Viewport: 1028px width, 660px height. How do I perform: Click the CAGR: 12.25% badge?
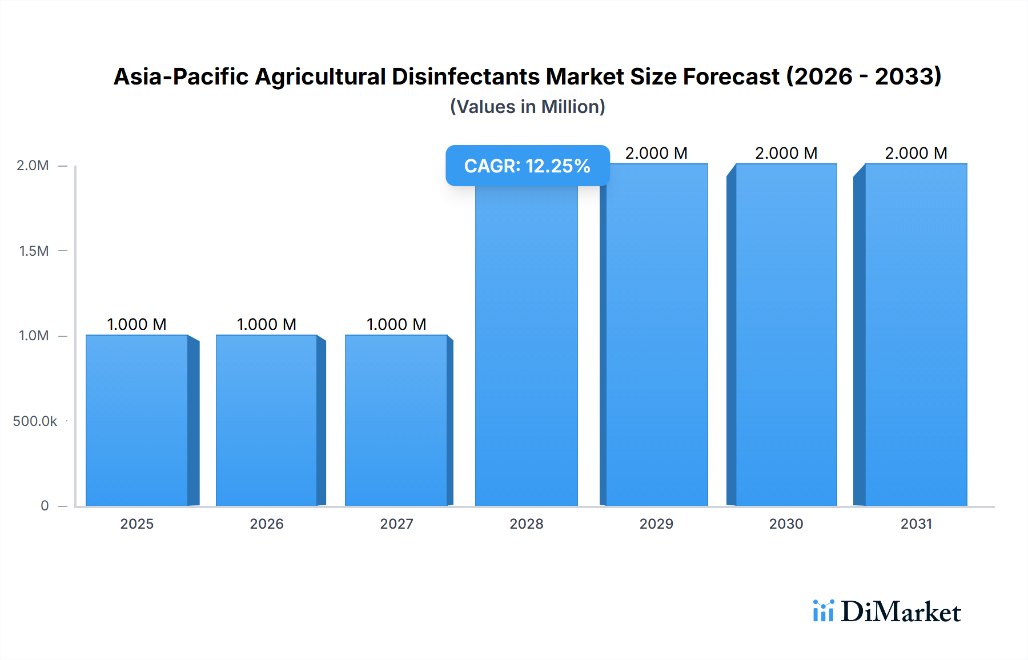pyautogui.click(x=527, y=166)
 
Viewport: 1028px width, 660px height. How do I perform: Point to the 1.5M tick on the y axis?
pyautogui.click(x=34, y=251)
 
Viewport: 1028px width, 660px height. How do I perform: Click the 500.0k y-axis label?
pyautogui.click(x=35, y=421)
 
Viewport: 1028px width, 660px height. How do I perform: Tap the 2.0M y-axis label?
pyautogui.click(x=33, y=166)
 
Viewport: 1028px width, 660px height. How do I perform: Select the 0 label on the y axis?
pyautogui.click(x=45, y=506)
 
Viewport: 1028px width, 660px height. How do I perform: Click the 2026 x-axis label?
pyautogui.click(x=267, y=524)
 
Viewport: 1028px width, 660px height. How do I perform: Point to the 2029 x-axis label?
pyautogui.click(x=656, y=524)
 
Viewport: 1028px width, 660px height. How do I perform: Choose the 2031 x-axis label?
pyautogui.click(x=916, y=524)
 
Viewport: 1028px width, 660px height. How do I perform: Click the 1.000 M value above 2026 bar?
pyautogui.click(x=267, y=324)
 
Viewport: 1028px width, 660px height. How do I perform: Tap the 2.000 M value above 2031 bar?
pyautogui.click(x=916, y=153)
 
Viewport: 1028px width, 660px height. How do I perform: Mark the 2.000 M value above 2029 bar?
pyautogui.click(x=656, y=153)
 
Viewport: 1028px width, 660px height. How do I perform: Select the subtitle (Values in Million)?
pyautogui.click(x=527, y=107)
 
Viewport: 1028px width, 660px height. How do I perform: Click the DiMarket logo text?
pyautogui.click(x=901, y=611)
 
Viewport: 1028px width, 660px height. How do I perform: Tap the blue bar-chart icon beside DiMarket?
pyautogui.click(x=823, y=611)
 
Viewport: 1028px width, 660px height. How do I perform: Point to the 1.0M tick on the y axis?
pyautogui.click(x=34, y=336)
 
